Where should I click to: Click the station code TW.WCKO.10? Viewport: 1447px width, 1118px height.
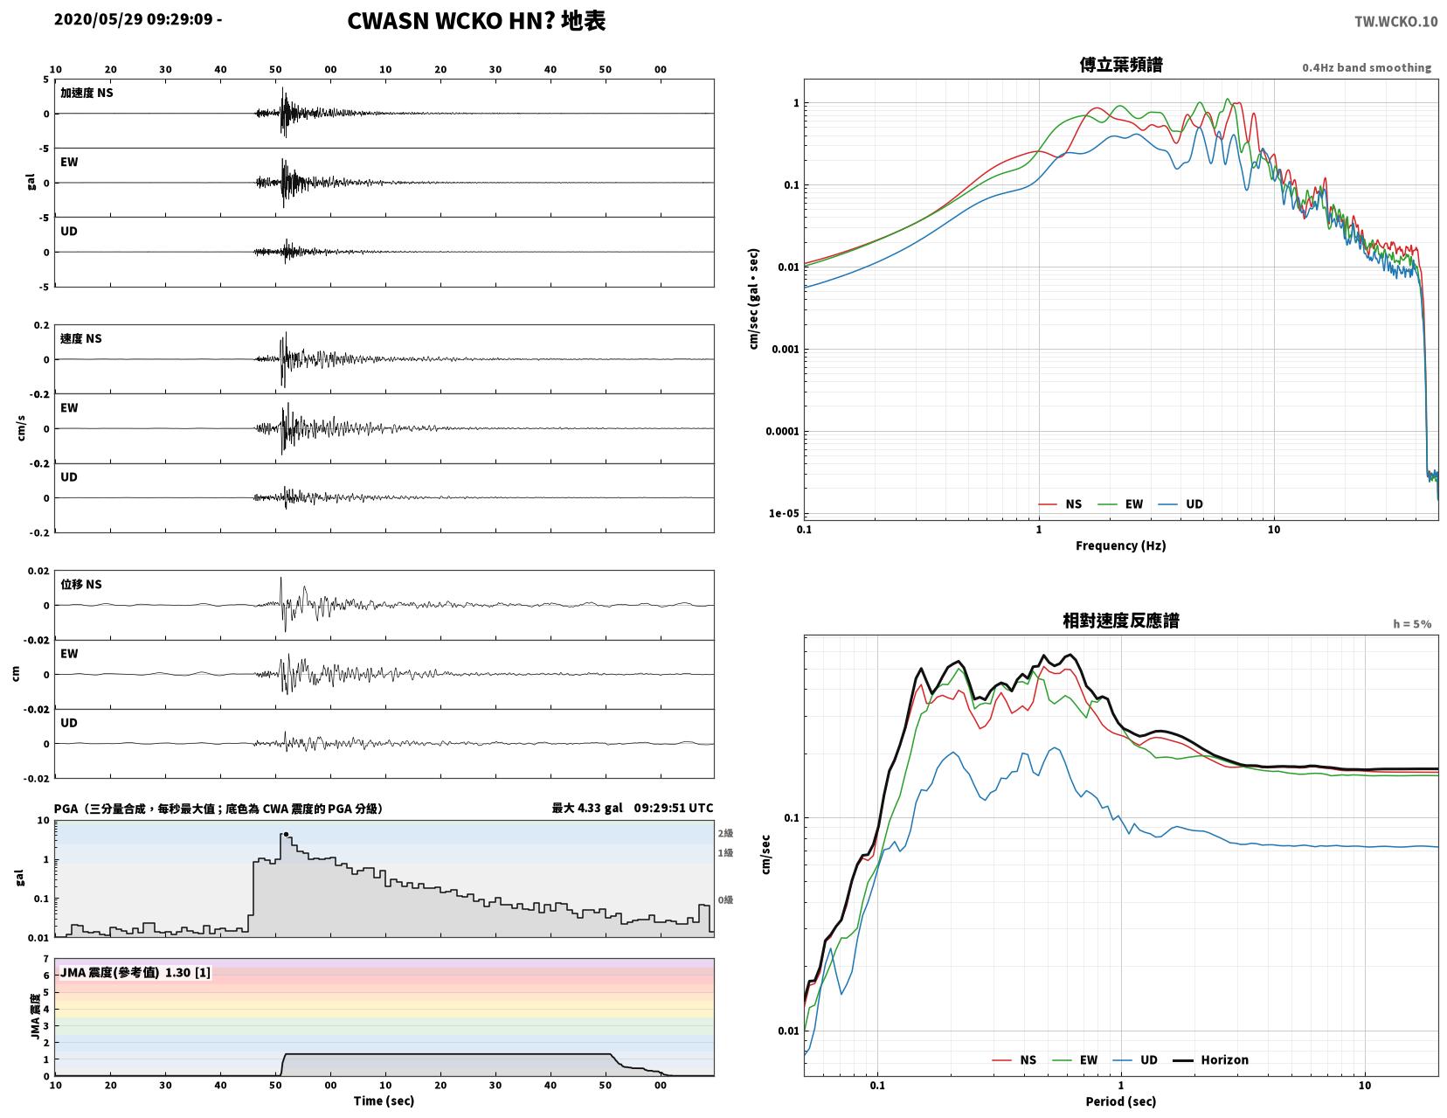1395,21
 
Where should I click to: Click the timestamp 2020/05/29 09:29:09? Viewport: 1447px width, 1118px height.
133,18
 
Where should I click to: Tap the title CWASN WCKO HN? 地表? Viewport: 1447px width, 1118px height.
476,21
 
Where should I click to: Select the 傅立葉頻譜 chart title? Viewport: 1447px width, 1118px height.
1121,65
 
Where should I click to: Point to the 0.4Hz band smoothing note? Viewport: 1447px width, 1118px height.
1367,67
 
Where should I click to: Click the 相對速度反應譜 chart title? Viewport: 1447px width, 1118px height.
1121,621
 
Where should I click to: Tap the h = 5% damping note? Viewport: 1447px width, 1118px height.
1412,624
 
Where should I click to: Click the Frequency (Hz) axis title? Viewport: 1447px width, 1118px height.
1121,545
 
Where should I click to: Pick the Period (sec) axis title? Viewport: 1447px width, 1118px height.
1121,1101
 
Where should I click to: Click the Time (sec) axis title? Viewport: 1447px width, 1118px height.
384,1101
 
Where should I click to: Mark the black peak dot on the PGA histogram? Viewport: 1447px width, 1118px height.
287,834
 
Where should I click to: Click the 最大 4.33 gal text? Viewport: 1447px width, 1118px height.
587,808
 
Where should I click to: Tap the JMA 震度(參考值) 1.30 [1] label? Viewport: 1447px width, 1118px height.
135,972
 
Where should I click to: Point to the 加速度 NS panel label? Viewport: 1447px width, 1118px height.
87,93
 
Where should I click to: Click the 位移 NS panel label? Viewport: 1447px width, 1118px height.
81,584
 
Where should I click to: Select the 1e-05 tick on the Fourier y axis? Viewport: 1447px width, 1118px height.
784,513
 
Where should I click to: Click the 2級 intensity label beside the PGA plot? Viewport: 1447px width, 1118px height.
725,833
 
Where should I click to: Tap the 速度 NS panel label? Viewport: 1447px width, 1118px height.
81,338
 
